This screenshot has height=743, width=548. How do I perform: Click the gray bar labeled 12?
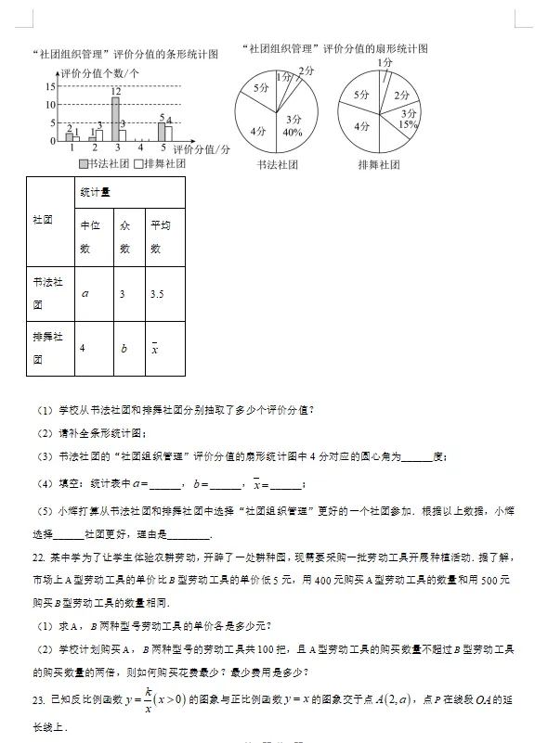click(x=115, y=119)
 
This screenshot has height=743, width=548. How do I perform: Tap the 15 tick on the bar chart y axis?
click(x=50, y=86)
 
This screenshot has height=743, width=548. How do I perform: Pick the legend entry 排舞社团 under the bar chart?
click(x=160, y=163)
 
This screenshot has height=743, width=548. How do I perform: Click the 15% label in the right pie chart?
click(x=408, y=124)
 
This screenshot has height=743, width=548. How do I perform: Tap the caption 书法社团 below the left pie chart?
click(x=276, y=165)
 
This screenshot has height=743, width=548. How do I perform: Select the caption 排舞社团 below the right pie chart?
click(x=379, y=165)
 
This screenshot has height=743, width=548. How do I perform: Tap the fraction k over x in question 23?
click(x=148, y=698)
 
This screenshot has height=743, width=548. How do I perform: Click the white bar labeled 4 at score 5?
click(x=169, y=133)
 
